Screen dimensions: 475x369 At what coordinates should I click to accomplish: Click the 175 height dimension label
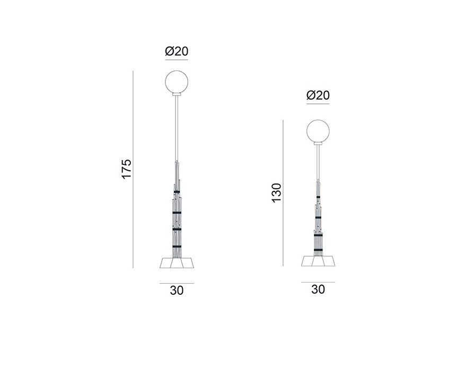click(x=127, y=169)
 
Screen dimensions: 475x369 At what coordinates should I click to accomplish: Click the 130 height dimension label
click(x=277, y=193)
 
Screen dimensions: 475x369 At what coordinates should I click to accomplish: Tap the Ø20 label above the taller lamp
click(x=177, y=51)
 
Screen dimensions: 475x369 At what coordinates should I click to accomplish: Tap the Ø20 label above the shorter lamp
click(x=318, y=95)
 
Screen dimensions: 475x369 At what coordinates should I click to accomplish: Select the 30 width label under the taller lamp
click(x=177, y=291)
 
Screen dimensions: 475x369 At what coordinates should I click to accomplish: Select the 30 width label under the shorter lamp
click(x=318, y=289)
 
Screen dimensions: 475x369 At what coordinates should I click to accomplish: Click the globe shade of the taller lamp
click(x=177, y=82)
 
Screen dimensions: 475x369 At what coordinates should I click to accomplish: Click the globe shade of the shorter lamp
click(x=318, y=131)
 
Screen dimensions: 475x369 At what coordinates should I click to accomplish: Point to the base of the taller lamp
click(x=177, y=263)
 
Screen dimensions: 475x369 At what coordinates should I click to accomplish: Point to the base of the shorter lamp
click(x=318, y=261)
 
